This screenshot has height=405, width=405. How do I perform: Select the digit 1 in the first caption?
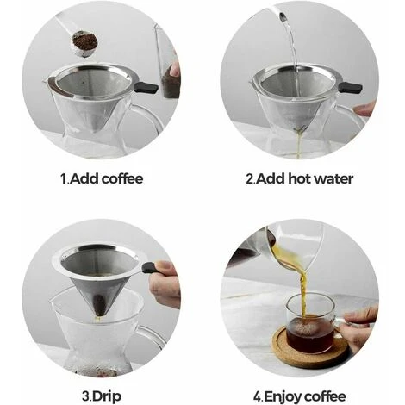[x=63, y=179]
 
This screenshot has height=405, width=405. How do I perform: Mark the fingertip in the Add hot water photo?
[x=365, y=109]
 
